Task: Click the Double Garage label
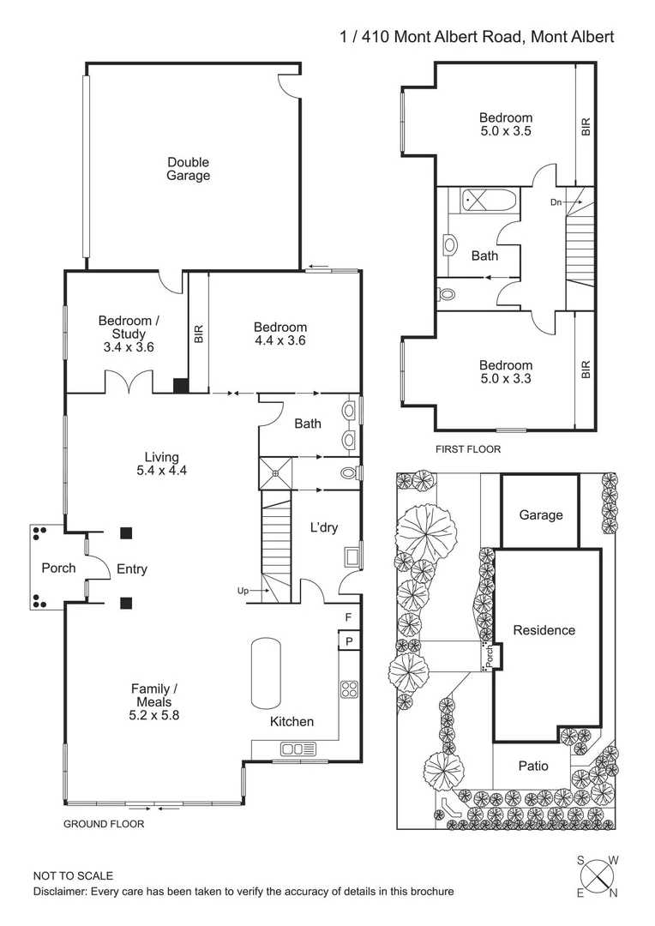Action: click(x=188, y=168)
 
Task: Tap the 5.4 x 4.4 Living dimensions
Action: click(x=161, y=471)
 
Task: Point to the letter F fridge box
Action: click(x=348, y=617)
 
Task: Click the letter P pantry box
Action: click(x=350, y=640)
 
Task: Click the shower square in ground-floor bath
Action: click(x=276, y=472)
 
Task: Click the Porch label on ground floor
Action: click(x=58, y=568)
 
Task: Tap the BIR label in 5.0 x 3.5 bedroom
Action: click(x=586, y=127)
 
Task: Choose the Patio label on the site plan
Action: click(x=533, y=766)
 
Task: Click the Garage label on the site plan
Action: click(x=541, y=514)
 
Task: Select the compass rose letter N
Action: click(x=613, y=894)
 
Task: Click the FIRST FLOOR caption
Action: click(x=468, y=448)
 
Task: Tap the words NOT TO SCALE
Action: click(x=73, y=875)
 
